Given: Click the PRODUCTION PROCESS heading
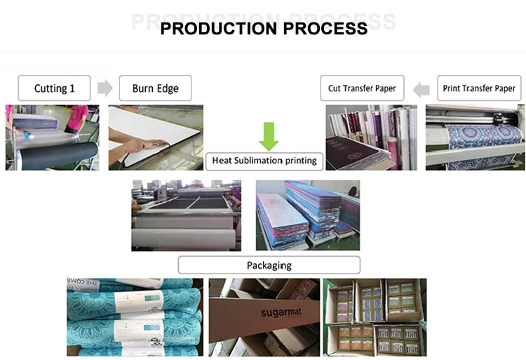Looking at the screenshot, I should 264,29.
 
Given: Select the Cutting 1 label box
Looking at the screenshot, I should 54,88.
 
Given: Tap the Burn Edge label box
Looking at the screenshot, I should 155,88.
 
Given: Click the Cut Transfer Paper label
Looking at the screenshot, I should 362,88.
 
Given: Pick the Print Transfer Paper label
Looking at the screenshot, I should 479,88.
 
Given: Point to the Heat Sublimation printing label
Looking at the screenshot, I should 264,161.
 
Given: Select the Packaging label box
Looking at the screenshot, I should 269,265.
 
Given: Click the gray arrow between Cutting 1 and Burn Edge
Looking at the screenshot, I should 104,88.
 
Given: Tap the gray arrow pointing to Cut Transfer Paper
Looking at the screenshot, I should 421,88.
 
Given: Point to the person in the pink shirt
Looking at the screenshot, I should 77,116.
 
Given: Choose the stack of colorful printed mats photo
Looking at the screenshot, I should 307,215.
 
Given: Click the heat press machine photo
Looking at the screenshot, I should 186,215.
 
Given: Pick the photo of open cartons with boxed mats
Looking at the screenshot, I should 374,317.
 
